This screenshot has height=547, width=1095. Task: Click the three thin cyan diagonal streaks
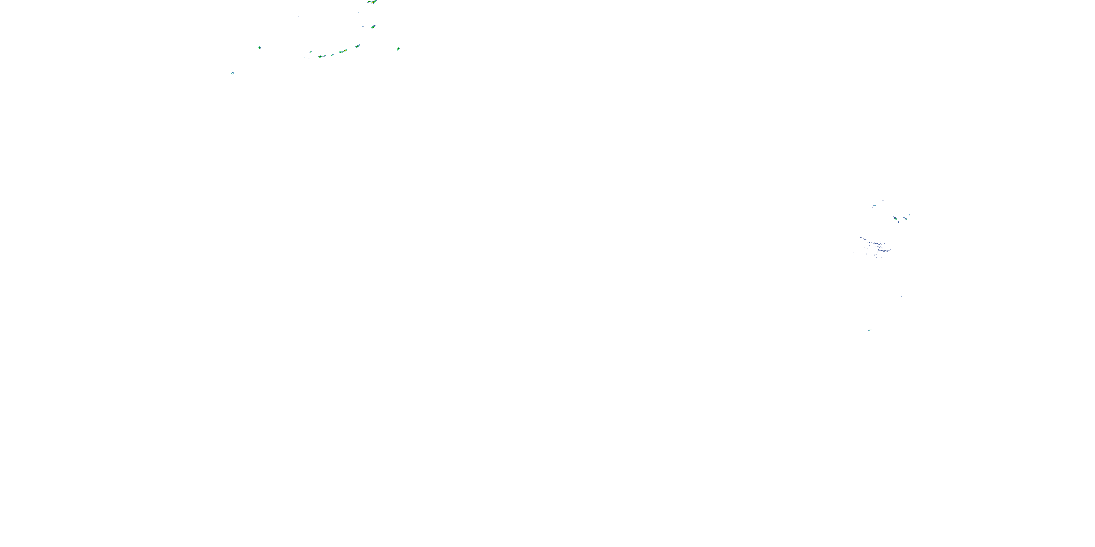233,73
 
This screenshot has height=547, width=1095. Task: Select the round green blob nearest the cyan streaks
259,47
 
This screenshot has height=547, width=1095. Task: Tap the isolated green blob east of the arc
398,49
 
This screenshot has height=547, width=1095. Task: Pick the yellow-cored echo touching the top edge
372,2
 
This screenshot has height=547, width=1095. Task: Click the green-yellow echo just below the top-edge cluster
373,27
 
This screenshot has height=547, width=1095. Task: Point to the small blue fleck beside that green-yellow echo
362,26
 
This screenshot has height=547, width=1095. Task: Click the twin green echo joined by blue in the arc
343,51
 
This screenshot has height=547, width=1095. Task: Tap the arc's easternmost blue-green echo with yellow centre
357,46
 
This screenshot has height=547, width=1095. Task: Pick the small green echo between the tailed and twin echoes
332,55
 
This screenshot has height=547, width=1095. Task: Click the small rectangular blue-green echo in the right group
874,206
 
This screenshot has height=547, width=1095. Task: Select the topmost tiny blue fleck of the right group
883,201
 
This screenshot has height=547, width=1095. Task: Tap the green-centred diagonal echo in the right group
895,218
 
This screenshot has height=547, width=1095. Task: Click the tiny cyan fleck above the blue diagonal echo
909,215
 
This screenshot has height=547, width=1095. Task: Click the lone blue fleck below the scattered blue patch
902,297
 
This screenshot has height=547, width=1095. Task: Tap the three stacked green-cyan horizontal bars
869,330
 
